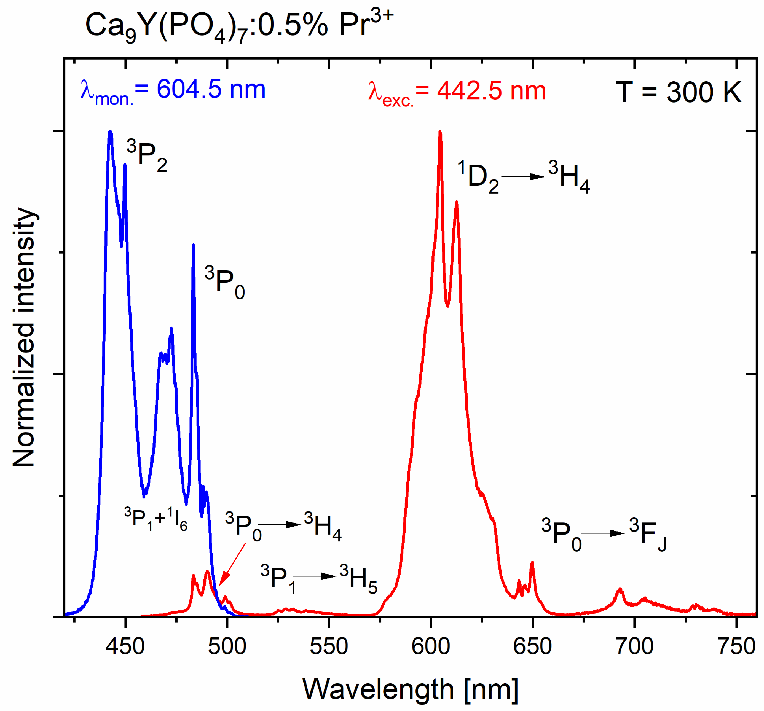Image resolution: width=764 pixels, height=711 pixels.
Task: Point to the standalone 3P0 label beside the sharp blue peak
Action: pyautogui.click(x=225, y=283)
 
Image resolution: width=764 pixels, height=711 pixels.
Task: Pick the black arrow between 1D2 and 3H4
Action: pyautogui.click(x=523, y=176)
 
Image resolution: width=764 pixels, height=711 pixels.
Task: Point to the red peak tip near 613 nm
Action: pyautogui.click(x=457, y=203)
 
